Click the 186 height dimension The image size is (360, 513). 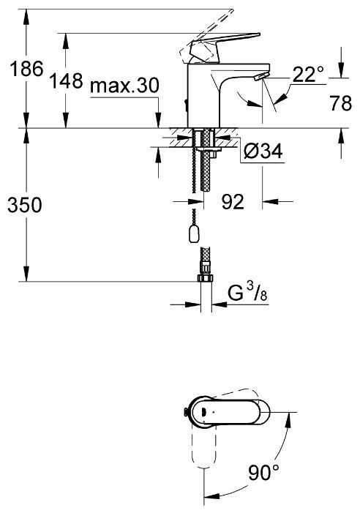pos(26,69)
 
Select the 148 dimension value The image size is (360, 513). pos(66,80)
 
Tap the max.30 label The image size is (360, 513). pos(124,86)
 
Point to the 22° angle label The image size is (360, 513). pos(308,74)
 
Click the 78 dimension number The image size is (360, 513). pos(340,103)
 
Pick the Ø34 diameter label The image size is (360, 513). pos(263,151)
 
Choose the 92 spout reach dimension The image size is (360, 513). pos(233,201)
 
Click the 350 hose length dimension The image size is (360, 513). pos(25,205)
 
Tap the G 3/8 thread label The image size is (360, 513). pos(247,293)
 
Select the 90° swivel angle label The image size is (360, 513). pos(264,472)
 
